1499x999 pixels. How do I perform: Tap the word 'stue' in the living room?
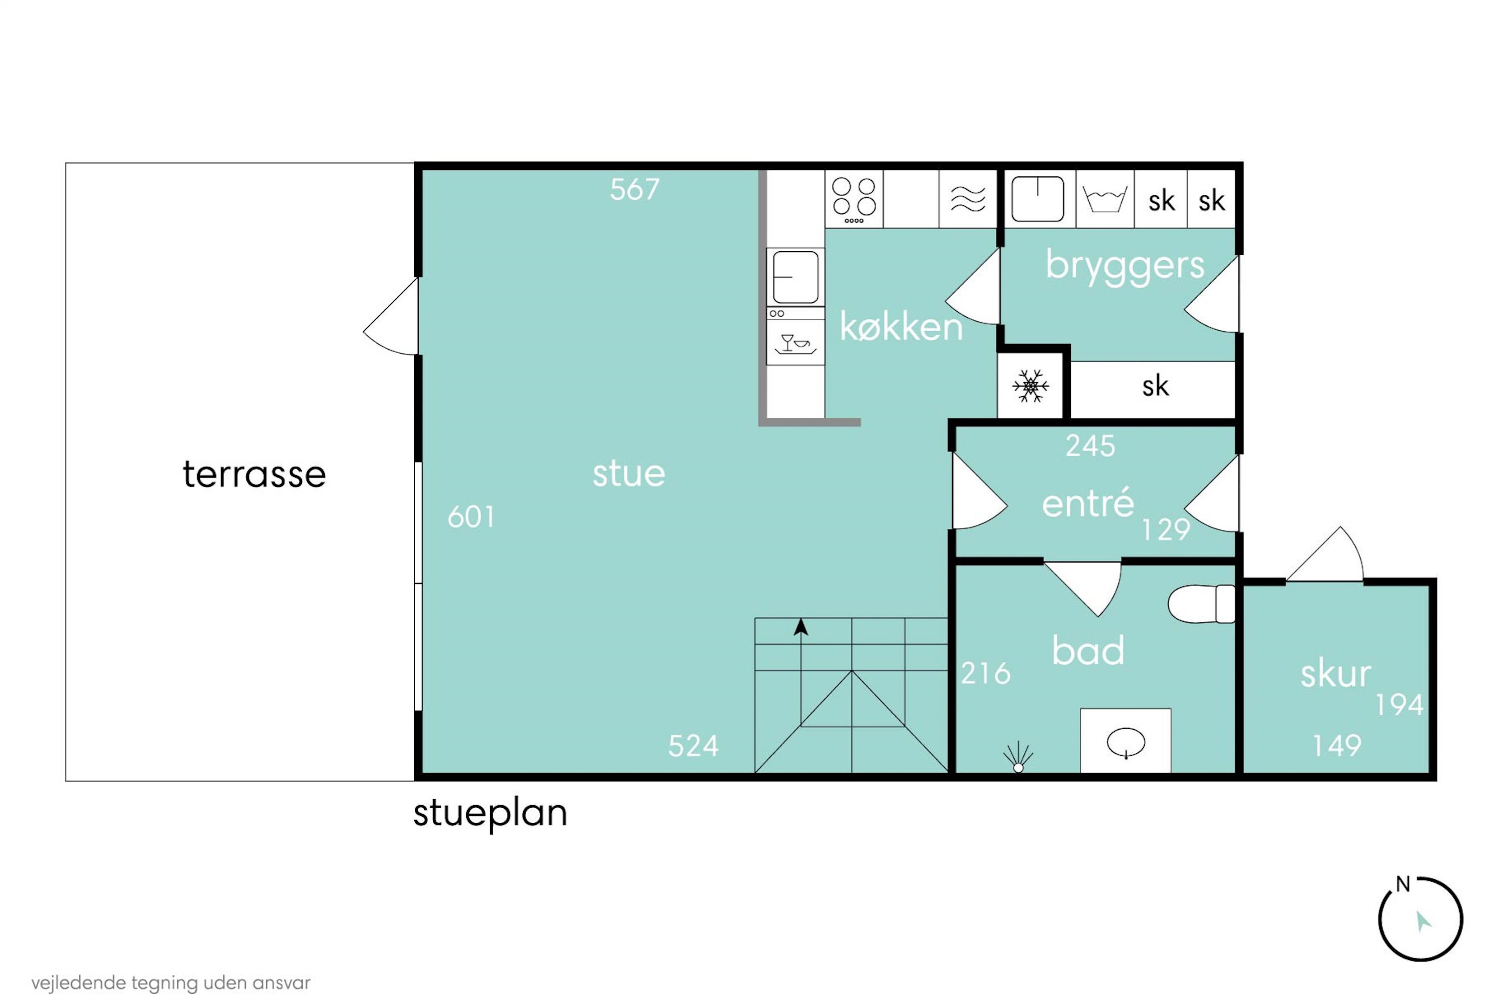[629, 474]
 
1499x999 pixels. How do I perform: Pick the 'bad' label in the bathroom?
[1088, 650]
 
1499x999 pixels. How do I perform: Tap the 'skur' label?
[1335, 673]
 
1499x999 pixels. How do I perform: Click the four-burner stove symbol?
[854, 199]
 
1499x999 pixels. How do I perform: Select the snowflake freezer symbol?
[1030, 386]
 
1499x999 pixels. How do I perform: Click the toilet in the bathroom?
[1201, 603]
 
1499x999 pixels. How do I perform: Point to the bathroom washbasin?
[1126, 743]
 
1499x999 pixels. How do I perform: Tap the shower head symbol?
[1018, 757]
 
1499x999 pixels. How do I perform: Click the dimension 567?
[634, 189]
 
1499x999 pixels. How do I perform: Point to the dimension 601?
[471, 516]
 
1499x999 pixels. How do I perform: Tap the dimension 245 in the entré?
[1090, 446]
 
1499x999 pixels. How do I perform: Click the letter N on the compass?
[1403, 884]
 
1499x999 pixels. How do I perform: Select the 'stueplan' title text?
[490, 814]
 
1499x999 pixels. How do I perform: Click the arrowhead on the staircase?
[800, 627]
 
